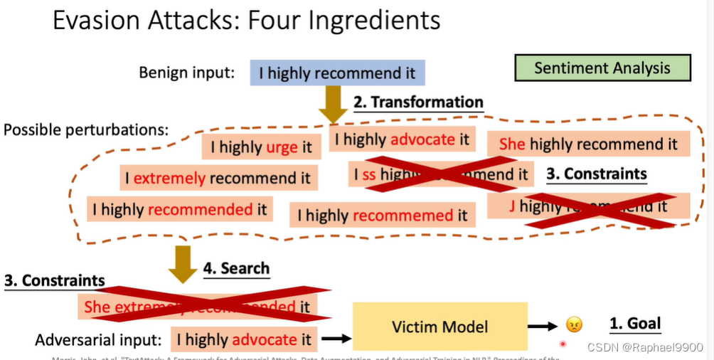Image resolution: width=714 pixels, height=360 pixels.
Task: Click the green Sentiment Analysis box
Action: tap(602, 68)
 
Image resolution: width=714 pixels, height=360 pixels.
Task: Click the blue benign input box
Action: tap(337, 73)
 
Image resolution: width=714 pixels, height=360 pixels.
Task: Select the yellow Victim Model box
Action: tap(440, 327)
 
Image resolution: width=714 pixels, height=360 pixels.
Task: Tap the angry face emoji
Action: tap(574, 325)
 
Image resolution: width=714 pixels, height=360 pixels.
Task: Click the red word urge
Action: tap(282, 147)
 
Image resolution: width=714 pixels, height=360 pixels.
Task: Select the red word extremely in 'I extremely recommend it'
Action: tap(169, 178)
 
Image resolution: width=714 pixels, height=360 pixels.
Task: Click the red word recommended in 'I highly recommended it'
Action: tap(200, 209)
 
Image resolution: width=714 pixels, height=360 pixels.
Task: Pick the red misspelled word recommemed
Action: tap(403, 215)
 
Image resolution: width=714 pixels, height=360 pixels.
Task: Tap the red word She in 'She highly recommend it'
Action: tap(512, 144)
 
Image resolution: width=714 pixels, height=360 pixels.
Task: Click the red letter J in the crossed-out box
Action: tap(512, 206)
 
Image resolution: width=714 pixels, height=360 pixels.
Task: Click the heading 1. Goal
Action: tap(635, 324)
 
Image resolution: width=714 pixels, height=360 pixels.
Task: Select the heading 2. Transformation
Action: tap(418, 102)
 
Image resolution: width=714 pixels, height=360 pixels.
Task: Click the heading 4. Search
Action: tap(236, 268)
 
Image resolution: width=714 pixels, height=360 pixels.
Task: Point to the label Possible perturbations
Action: tap(86, 130)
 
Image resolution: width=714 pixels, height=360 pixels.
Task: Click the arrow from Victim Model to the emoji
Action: tap(545, 326)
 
